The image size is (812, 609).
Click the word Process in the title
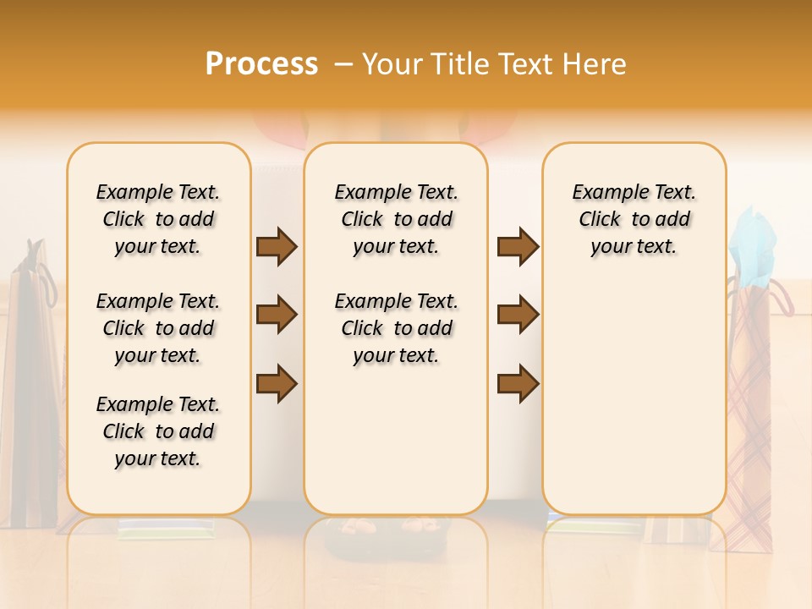click(x=261, y=64)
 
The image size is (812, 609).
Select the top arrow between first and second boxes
click(x=277, y=247)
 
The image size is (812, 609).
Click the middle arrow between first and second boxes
click(x=277, y=315)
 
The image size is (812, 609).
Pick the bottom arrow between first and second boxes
click(x=277, y=384)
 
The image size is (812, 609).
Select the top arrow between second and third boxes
click(x=518, y=247)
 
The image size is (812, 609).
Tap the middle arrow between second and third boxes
click(x=518, y=315)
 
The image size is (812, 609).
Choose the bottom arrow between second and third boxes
click(x=518, y=384)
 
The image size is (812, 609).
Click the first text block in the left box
click(x=158, y=219)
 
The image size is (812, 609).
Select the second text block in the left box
click(x=158, y=328)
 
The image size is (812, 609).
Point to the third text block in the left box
click(x=158, y=431)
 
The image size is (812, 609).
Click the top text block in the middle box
click(x=397, y=219)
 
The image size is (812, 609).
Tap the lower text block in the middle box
click(x=397, y=328)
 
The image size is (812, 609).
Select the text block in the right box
click(x=634, y=219)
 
